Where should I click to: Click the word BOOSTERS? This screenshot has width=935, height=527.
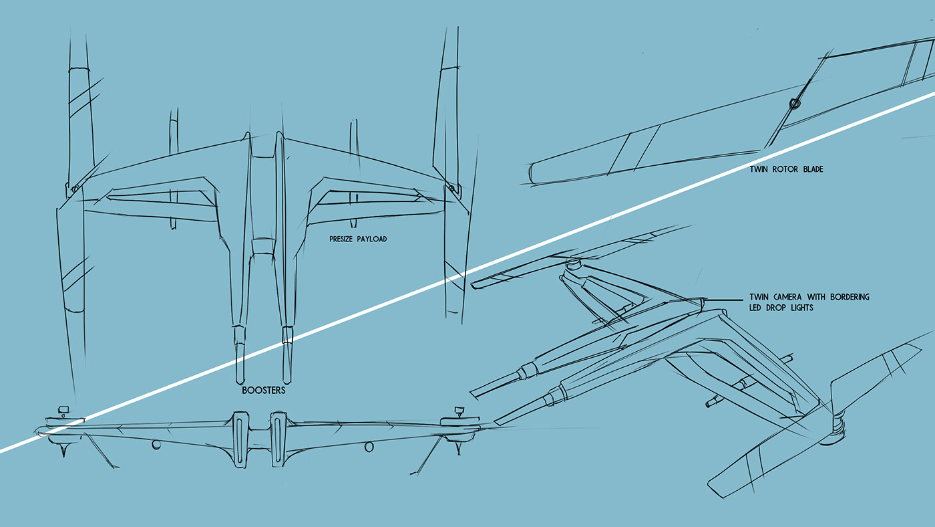(263, 391)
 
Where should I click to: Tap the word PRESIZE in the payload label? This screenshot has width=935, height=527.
(343, 239)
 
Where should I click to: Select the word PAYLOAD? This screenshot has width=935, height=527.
(373, 239)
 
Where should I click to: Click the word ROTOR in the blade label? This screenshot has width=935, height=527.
(786, 170)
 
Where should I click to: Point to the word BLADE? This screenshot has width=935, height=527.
(812, 170)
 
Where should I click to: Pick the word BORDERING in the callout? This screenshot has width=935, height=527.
(848, 297)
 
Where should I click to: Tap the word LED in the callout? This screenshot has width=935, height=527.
(757, 308)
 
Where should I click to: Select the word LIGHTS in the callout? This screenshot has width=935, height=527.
(801, 308)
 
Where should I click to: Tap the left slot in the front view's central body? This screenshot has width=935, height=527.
(240, 438)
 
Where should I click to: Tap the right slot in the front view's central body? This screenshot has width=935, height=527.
(277, 438)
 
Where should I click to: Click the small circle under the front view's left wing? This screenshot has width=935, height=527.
(156, 444)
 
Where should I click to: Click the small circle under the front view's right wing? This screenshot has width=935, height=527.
(369, 447)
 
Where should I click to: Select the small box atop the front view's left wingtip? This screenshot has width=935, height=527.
(64, 409)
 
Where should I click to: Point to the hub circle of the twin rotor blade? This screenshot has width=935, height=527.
(794, 104)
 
